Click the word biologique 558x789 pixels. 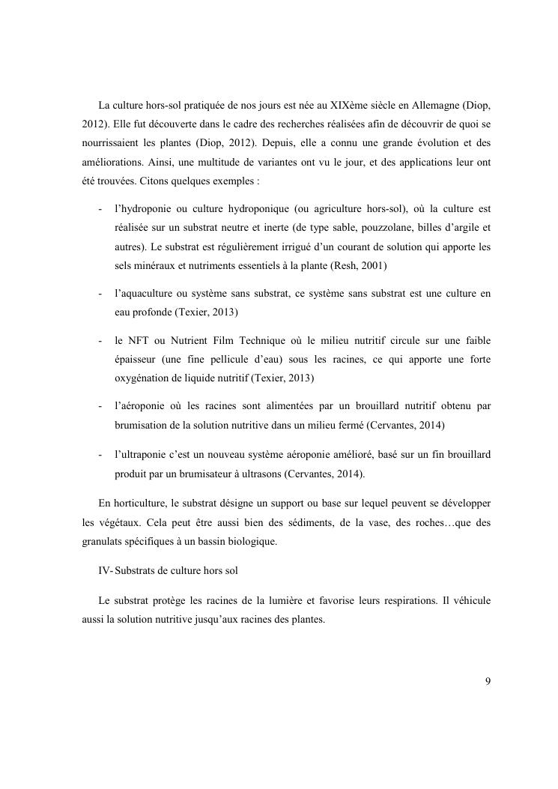(250, 542)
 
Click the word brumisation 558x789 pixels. (142, 425)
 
